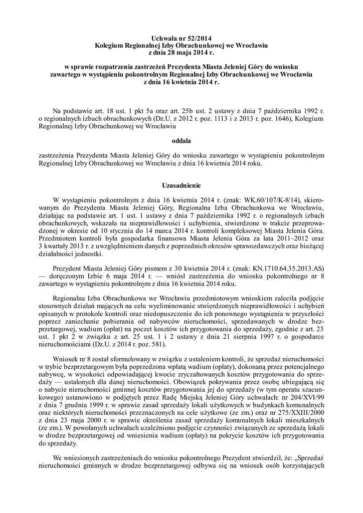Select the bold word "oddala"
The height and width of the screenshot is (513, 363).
[181, 141]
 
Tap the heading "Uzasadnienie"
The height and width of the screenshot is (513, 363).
[181, 184]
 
